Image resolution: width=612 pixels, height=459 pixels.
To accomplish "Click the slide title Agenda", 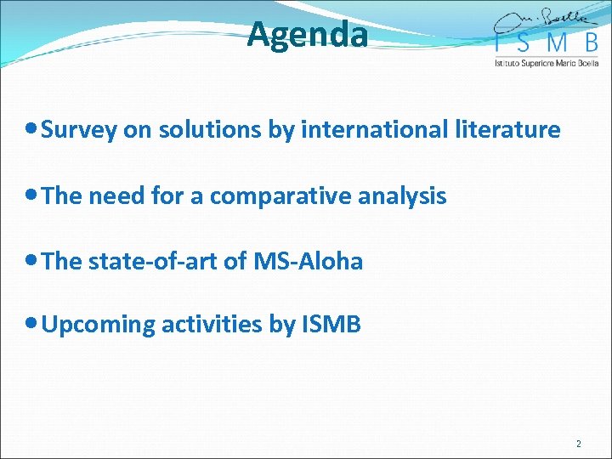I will tap(308, 36).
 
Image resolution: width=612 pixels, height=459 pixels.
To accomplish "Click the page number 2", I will tap(579, 444).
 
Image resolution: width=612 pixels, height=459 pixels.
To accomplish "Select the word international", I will tap(394, 130).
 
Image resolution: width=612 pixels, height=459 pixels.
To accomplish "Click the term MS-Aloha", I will tap(308, 262).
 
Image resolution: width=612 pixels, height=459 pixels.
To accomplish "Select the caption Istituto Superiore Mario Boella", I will tap(547, 63).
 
